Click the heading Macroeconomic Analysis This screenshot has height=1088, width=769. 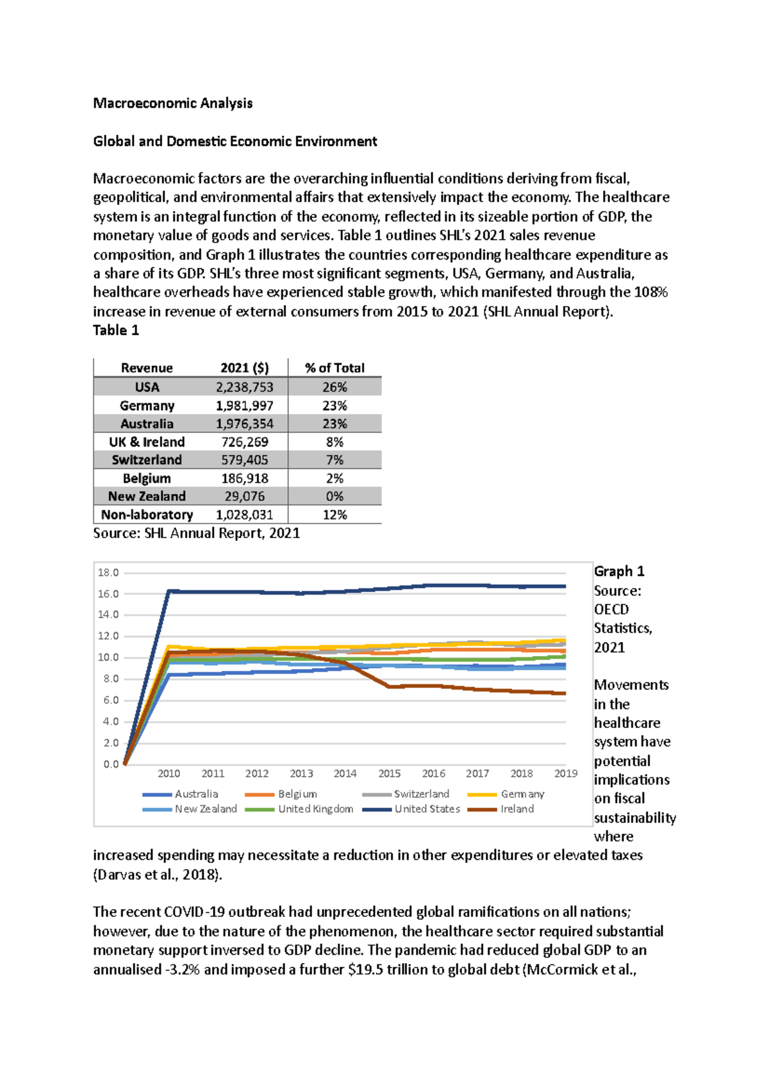[x=172, y=103]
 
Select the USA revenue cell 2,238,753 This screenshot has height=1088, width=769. [x=244, y=387]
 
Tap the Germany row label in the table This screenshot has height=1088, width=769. [x=147, y=406]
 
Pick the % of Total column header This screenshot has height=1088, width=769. [x=335, y=368]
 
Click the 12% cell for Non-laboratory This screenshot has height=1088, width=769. [x=335, y=515]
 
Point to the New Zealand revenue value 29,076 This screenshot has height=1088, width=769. [x=244, y=497]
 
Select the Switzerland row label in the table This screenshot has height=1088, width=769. [x=147, y=460]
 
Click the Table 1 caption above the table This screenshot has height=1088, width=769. [x=115, y=330]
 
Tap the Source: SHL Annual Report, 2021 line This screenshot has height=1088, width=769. [x=196, y=533]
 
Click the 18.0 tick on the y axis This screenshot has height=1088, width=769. [x=108, y=573]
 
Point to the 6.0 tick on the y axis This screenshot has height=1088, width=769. [x=110, y=700]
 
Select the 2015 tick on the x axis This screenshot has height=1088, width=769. [x=389, y=773]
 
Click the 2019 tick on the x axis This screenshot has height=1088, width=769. [x=565, y=773]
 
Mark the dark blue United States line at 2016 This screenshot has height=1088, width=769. [x=433, y=585]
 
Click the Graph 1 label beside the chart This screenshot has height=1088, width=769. [x=618, y=571]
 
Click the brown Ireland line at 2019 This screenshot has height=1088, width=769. [x=564, y=693]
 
